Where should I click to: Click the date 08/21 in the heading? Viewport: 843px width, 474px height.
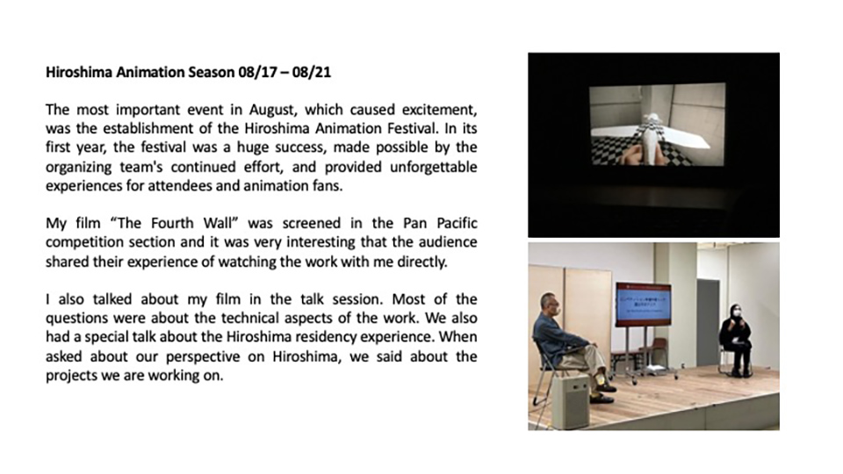click(312, 72)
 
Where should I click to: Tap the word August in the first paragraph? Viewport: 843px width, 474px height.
click(272, 111)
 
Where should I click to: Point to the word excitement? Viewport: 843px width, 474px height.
click(441, 110)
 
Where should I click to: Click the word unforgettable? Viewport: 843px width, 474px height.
click(434, 167)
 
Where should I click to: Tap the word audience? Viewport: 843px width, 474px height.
click(450, 242)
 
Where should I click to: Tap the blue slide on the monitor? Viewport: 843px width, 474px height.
click(644, 303)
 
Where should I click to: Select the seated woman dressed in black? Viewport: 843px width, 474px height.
click(736, 340)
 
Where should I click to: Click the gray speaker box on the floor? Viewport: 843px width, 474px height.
click(571, 401)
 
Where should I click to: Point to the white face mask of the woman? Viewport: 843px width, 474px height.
click(738, 312)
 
